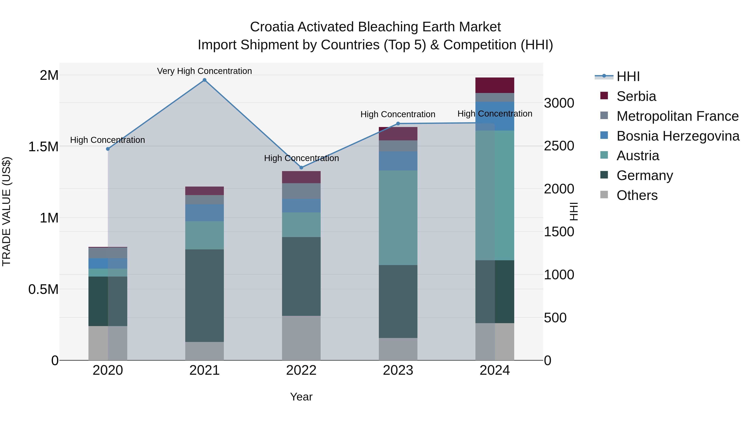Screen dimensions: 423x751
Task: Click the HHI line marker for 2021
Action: coord(204,80)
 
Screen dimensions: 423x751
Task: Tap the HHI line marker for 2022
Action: coord(301,168)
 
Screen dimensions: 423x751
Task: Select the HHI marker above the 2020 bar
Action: coord(108,149)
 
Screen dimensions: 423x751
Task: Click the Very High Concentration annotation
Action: coord(204,71)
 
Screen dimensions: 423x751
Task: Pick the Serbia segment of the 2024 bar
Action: coord(495,85)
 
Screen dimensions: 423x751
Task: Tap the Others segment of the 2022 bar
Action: coord(301,338)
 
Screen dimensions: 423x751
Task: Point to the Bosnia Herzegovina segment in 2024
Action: coord(495,116)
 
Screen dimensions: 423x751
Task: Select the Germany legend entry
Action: coord(644,175)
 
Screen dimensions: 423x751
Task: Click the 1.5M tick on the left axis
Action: coord(43,147)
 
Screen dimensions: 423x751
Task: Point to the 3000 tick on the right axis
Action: coord(559,103)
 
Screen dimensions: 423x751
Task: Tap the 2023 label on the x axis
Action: coord(398,370)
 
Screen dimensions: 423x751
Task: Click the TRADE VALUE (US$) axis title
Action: coord(6,211)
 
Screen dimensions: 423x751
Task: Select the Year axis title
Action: coord(301,397)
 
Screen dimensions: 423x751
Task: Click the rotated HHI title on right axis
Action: coord(573,211)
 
